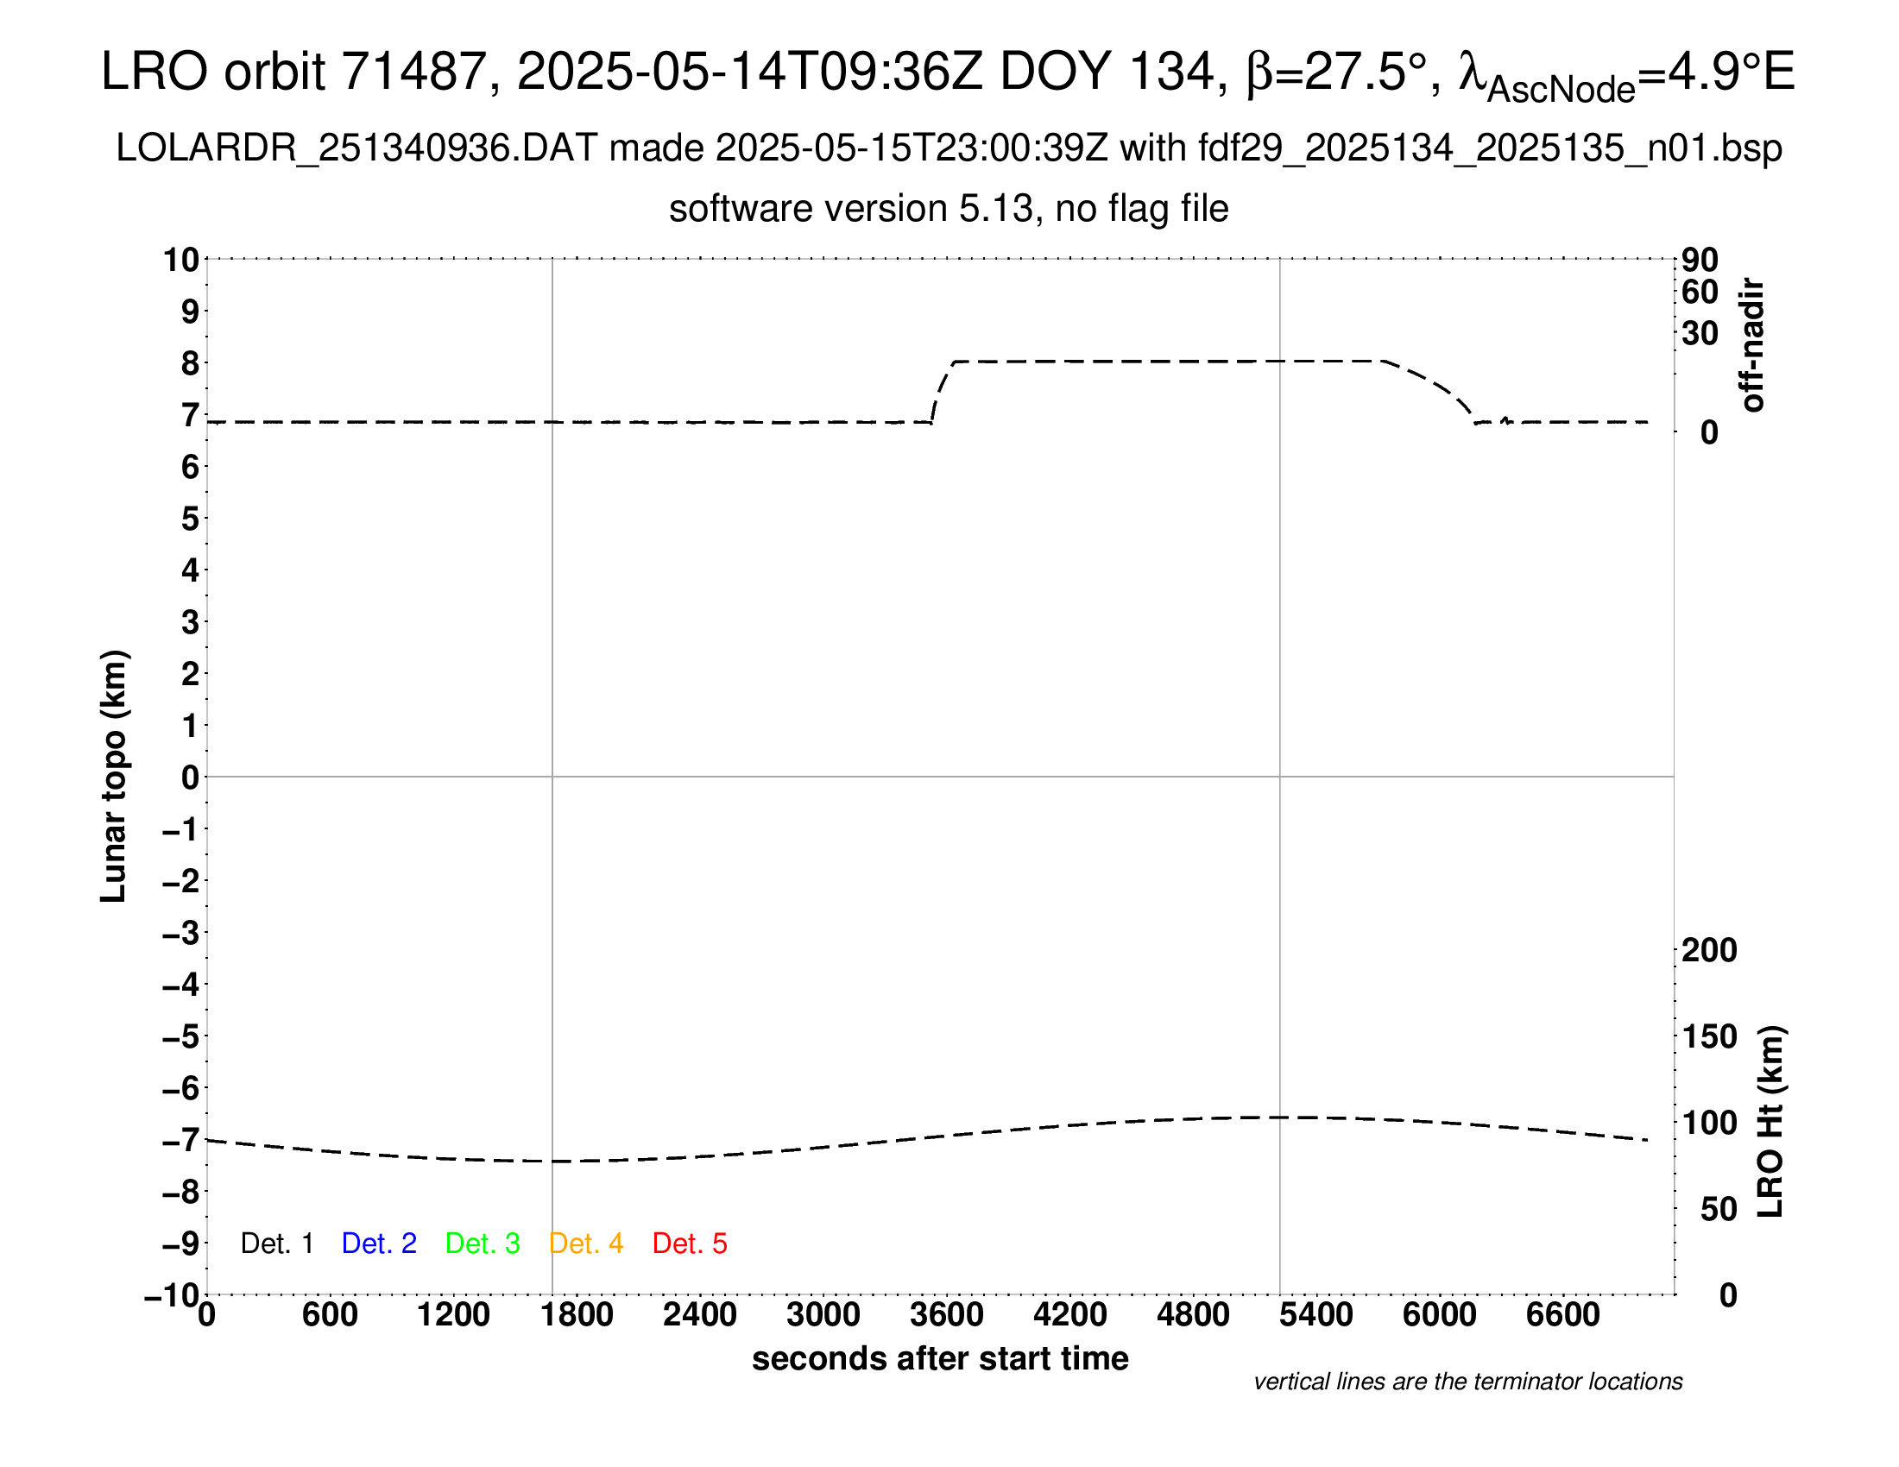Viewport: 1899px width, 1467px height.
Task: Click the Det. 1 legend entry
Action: pos(276,1243)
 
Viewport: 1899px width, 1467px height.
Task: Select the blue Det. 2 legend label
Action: pos(379,1243)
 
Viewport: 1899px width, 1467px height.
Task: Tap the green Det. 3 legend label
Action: pos(483,1243)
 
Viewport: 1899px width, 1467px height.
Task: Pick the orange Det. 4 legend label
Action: pos(586,1243)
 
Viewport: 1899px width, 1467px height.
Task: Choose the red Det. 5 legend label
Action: pos(690,1243)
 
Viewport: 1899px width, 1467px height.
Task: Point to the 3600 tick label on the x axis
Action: pos(947,1315)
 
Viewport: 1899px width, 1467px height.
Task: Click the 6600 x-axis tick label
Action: pos(1562,1315)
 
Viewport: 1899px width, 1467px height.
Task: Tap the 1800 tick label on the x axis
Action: pos(577,1315)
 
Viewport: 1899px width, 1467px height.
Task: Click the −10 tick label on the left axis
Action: pos(172,1296)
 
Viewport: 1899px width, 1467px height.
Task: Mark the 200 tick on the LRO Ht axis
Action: pos(1708,951)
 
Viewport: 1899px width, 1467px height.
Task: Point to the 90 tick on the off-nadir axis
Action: pos(1700,260)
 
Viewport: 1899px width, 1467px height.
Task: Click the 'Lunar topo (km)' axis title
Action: pos(115,777)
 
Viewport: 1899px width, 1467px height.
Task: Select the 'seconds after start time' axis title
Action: pos(940,1359)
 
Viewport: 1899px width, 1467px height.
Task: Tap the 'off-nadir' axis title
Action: pos(1753,345)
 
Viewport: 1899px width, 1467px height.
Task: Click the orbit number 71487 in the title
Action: pos(413,72)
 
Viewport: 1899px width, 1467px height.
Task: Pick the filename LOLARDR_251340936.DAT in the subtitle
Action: pos(356,148)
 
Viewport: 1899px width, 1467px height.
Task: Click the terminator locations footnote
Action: pos(1467,1382)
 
